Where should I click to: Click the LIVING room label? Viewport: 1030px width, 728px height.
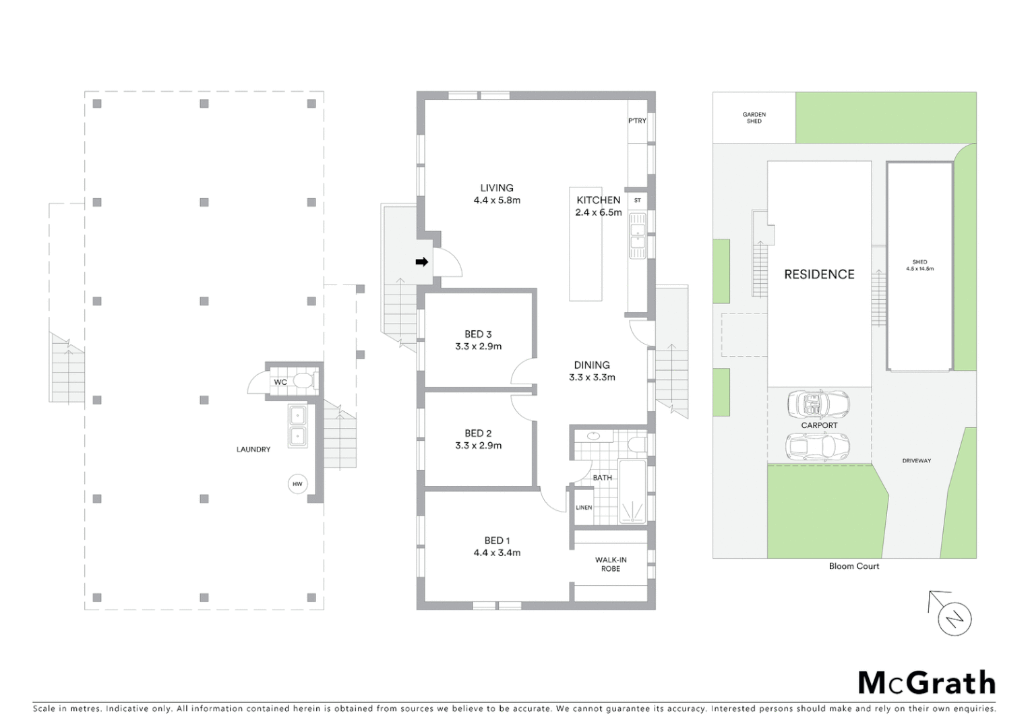[x=497, y=188]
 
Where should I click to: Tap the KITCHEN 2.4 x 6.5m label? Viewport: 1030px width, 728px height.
[x=598, y=206]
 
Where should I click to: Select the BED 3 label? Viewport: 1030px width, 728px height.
[x=478, y=334]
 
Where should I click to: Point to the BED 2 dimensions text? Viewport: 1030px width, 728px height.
[x=478, y=446]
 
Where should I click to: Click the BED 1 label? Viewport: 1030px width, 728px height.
[x=497, y=541]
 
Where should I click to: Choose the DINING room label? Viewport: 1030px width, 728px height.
[x=592, y=365]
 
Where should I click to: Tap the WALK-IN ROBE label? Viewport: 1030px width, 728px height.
[x=611, y=564]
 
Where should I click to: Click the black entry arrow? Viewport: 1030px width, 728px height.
[x=422, y=262]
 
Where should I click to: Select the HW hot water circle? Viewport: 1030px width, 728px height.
[x=297, y=484]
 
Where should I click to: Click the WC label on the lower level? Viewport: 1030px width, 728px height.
[x=280, y=382]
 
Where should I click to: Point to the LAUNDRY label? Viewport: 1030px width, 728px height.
[x=253, y=450]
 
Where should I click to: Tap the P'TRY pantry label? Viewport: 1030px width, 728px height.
[x=637, y=121]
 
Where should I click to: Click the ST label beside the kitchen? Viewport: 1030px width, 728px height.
[x=637, y=200]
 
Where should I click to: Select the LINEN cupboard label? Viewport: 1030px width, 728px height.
[x=584, y=508]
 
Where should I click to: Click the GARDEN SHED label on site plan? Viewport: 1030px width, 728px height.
[x=754, y=118]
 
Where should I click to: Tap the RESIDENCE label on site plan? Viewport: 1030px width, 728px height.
[x=819, y=274]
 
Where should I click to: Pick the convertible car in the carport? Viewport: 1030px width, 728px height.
[x=818, y=404]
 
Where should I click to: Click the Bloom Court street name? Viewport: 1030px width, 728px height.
[x=854, y=566]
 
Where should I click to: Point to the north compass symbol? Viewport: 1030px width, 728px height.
[x=954, y=618]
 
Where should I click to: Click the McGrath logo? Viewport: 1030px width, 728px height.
[x=926, y=683]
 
